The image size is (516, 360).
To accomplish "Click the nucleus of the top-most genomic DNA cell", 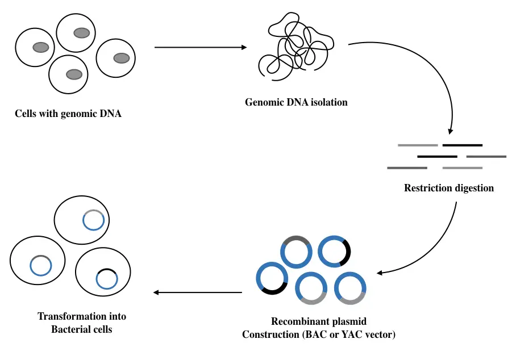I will (x=82, y=33).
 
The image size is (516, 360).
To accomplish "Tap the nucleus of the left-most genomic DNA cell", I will (x=40, y=47).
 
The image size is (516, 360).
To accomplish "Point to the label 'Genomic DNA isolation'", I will (x=296, y=103).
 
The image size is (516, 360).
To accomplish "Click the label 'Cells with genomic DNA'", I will (x=68, y=114).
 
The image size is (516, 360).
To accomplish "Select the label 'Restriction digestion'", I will (x=449, y=188).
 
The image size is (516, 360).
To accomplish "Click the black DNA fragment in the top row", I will (x=462, y=145).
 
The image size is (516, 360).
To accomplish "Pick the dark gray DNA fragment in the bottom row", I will (x=407, y=168).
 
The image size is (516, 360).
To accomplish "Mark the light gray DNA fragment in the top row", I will (x=418, y=145).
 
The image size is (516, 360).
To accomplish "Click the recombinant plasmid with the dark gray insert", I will (x=296, y=251).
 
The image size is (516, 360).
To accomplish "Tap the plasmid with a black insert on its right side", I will (x=334, y=251).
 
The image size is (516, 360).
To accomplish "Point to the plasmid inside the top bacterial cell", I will (x=93, y=220).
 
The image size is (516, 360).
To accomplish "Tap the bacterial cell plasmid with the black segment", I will (x=106, y=278).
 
